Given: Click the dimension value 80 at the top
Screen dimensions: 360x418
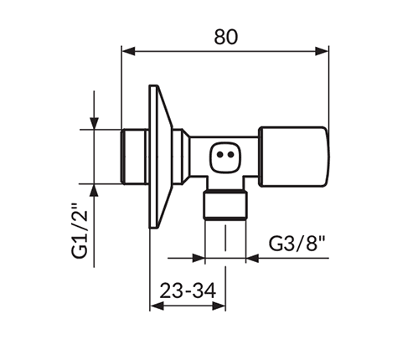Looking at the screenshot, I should pyautogui.click(x=225, y=36).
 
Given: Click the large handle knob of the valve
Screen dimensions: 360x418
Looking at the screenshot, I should pyautogui.click(x=292, y=155).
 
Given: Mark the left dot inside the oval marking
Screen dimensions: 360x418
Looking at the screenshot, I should pyautogui.click(x=218, y=154).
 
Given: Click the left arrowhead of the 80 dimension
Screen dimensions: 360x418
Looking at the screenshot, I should pyautogui.click(x=128, y=53).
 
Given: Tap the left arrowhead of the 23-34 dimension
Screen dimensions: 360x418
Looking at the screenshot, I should pyautogui.click(x=155, y=306).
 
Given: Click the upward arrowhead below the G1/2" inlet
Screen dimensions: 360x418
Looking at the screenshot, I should pyautogui.click(x=94, y=189).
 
